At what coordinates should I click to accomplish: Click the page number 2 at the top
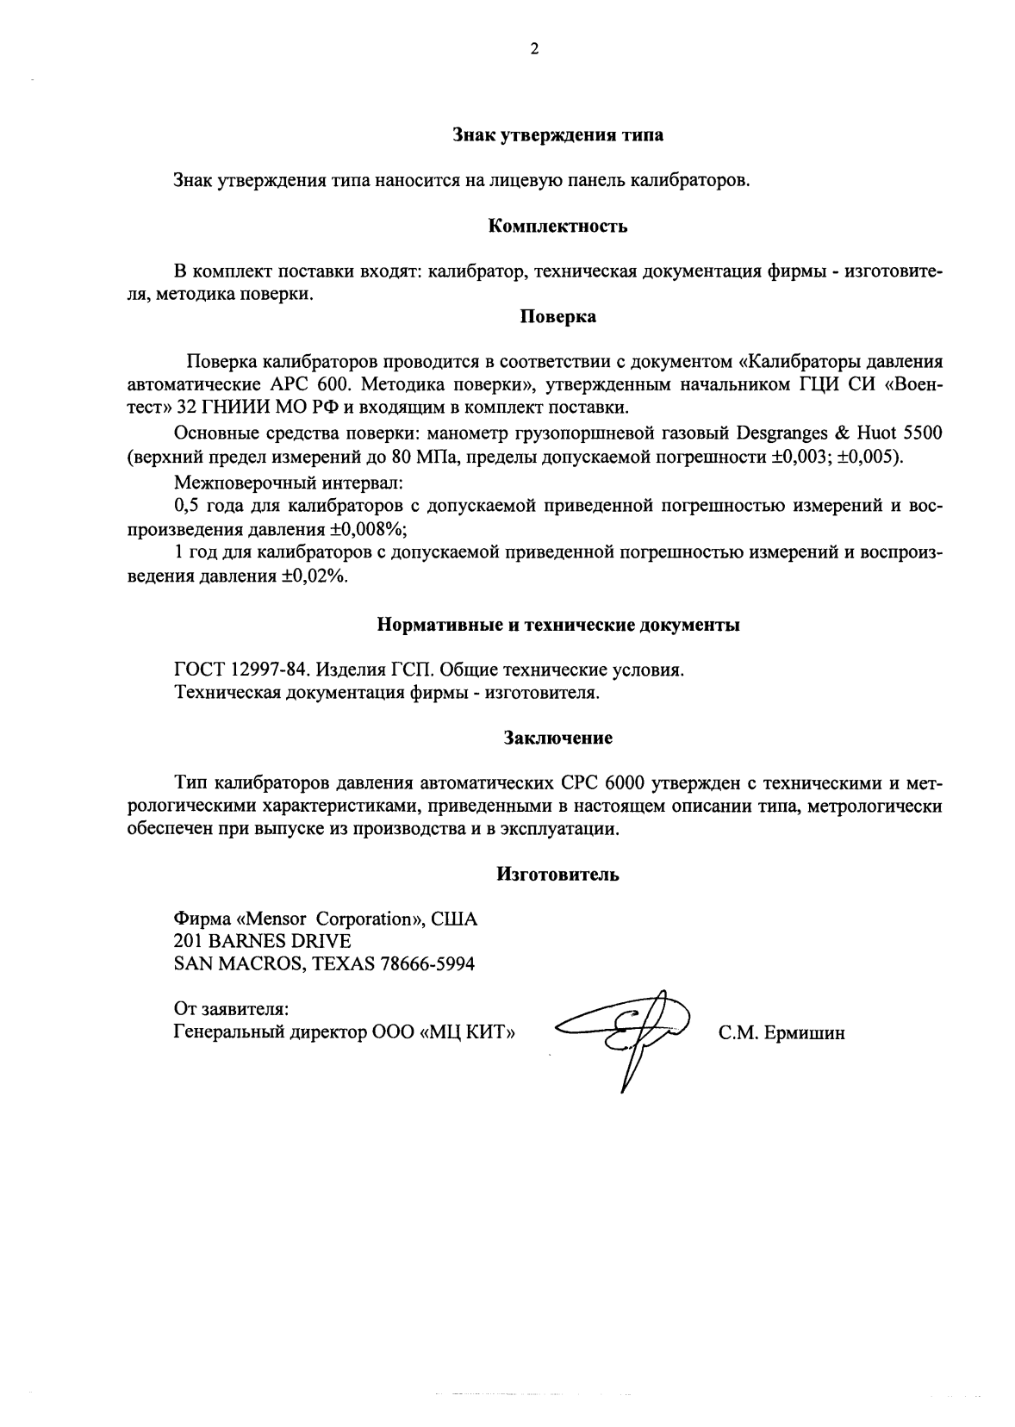tap(534, 50)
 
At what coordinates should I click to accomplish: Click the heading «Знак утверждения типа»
tap(557, 134)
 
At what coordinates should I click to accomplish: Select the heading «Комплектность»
tap(557, 227)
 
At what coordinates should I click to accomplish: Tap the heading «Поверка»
tap(557, 316)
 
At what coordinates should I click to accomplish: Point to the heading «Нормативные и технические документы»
tap(558, 625)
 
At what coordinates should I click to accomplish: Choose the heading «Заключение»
tap(557, 738)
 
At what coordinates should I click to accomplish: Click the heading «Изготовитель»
tap(557, 874)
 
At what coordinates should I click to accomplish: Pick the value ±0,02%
tap(314, 576)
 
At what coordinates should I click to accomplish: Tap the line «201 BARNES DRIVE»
tap(262, 940)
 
